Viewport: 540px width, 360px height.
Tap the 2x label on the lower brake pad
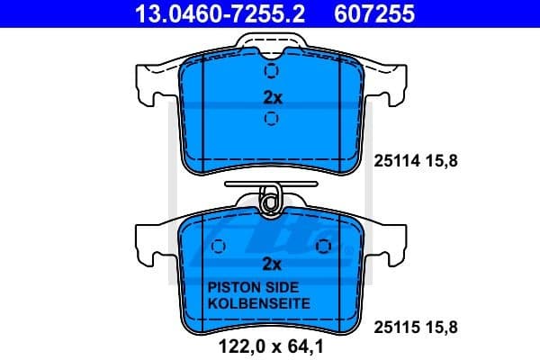point(272,264)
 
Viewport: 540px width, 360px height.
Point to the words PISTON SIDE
point(245,287)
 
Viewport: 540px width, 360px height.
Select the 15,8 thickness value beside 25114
point(443,162)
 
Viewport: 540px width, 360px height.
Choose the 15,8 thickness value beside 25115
point(443,329)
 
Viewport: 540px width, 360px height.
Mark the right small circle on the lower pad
point(322,245)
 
